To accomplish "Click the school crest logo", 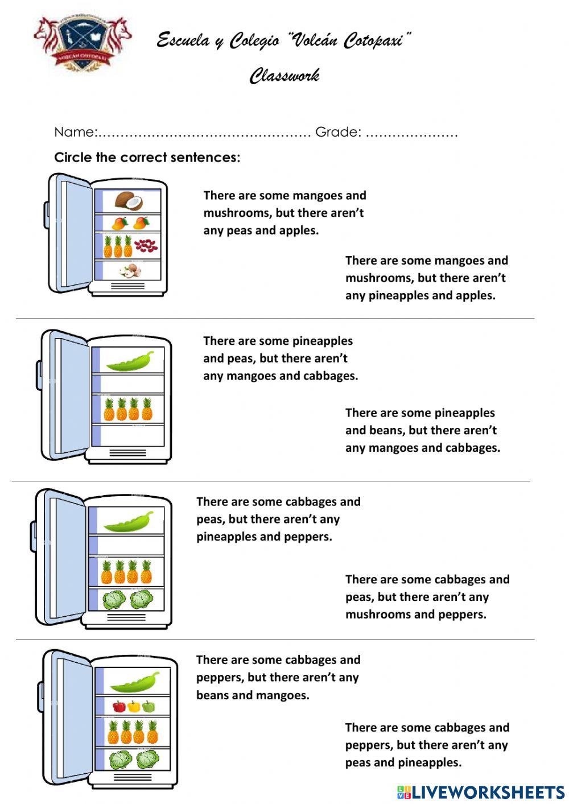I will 83,43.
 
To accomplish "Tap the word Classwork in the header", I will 284,76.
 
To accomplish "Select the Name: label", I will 75,132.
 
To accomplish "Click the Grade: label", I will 338,132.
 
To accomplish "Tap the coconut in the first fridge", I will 129,200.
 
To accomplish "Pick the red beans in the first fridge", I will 146,246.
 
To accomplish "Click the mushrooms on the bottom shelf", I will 131,271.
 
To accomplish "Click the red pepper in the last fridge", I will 119,707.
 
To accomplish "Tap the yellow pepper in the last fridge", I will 134,707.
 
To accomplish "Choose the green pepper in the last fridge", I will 149,707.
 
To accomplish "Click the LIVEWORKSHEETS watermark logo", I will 481,792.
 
